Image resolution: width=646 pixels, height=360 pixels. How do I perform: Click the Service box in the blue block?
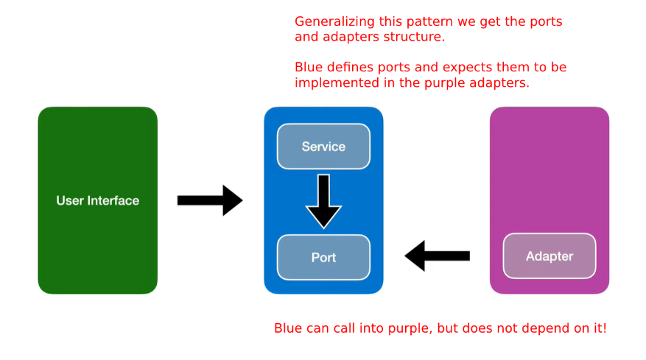point(323,147)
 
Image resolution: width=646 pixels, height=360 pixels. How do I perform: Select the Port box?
point(323,258)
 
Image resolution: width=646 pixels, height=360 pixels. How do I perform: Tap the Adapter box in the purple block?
point(550,256)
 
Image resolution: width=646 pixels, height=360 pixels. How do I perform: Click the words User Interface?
point(98,200)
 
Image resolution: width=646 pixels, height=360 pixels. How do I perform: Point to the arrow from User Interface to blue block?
point(210,200)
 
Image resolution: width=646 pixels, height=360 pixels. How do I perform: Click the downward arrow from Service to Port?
point(323,202)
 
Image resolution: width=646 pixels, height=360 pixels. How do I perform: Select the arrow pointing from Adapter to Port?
point(437,255)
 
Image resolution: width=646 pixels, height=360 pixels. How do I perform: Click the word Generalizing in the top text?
point(335,22)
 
